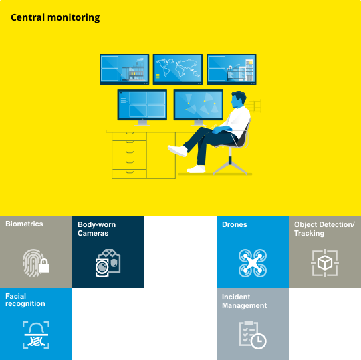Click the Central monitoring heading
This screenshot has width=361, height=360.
55,18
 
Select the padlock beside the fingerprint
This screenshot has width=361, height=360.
44,266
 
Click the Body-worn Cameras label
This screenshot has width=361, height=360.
96,229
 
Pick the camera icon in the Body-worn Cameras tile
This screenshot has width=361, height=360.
108,263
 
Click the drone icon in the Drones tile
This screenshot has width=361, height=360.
253,263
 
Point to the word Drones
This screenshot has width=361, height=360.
235,224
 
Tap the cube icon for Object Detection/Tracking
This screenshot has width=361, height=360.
325,263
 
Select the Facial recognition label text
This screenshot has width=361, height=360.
25,300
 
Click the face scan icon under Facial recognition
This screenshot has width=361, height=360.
36,335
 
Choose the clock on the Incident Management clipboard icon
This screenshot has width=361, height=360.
258,341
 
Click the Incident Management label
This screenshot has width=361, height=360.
244,301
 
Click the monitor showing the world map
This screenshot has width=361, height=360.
178,69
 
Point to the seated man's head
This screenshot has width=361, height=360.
238,99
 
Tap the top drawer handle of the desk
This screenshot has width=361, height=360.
130,133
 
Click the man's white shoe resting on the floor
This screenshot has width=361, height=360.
196,169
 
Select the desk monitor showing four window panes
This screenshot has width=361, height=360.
142,105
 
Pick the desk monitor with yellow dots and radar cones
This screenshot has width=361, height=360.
199,105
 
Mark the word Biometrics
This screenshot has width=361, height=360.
24,224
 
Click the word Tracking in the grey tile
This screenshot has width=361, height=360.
309,233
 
